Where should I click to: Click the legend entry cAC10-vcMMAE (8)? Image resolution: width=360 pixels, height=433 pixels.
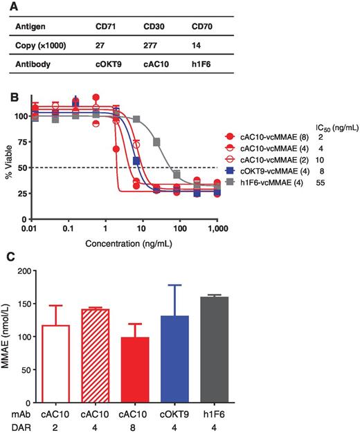point(271,138)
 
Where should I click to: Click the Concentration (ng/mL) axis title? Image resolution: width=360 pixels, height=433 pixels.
point(124,244)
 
